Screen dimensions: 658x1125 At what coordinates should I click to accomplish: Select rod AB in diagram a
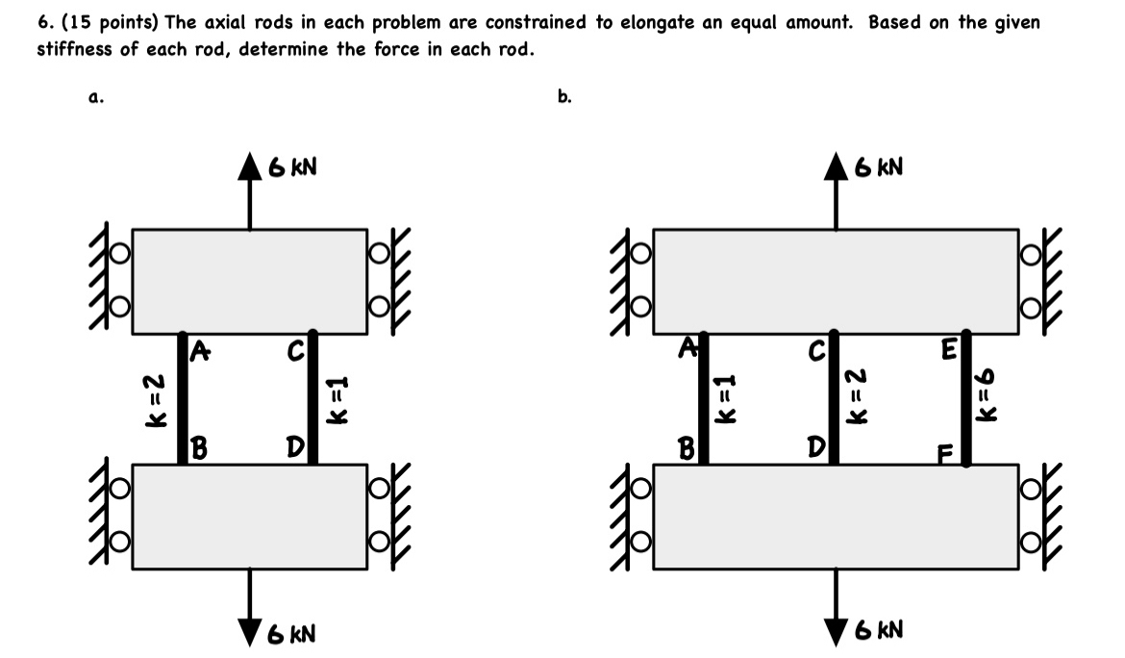pos(183,397)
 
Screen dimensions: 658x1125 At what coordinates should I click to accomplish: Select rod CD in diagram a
pos(312,397)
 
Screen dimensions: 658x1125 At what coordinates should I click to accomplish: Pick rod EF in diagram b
pos(965,397)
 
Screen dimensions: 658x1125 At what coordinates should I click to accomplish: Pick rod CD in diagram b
pos(834,397)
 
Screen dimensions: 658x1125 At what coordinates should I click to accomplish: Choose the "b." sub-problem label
pos(564,96)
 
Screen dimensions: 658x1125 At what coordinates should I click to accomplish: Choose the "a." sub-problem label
pos(93,96)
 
